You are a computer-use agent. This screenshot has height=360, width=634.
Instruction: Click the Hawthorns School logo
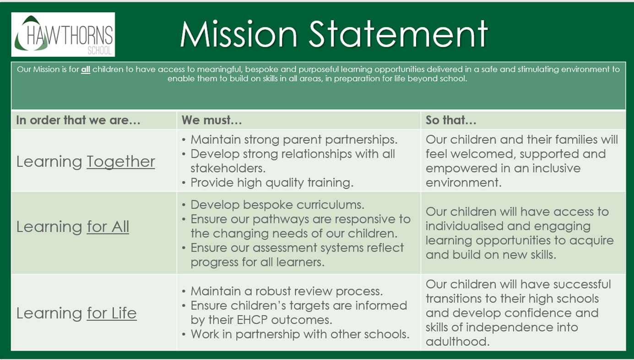[x=63, y=34]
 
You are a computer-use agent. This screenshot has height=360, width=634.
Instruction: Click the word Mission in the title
[x=238, y=34]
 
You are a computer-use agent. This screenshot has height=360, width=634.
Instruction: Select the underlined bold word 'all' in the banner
[x=86, y=70]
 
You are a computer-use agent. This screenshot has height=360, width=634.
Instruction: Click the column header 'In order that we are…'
[x=78, y=120]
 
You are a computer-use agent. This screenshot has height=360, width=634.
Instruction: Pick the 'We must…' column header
[x=211, y=120]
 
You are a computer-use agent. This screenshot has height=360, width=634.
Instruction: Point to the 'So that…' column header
[x=451, y=120]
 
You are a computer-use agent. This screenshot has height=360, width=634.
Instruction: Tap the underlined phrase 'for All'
[x=108, y=227]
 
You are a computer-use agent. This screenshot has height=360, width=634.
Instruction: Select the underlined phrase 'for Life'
[x=112, y=313]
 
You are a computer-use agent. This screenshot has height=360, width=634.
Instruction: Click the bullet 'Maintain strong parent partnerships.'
[x=294, y=140]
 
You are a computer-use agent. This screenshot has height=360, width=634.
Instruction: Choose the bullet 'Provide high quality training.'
[x=272, y=183]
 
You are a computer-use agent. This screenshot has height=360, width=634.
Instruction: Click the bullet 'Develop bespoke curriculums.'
[x=277, y=205]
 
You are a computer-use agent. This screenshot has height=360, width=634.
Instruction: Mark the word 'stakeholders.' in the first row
[x=228, y=168]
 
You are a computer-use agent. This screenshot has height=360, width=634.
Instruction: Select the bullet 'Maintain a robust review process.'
[x=287, y=291]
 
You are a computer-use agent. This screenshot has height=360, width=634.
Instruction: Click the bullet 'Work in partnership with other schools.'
[x=300, y=334]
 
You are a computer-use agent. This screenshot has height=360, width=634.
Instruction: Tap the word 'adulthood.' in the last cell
[x=458, y=342]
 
